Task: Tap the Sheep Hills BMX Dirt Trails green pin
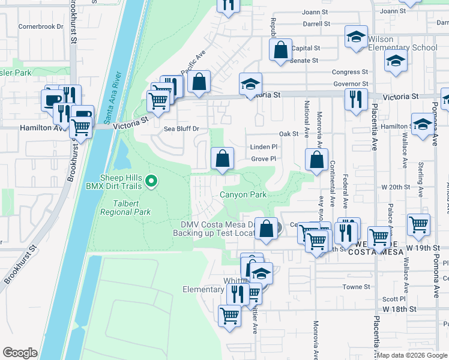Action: pos(152,180)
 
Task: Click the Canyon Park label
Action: pos(243,194)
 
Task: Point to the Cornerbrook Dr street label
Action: pos(41,26)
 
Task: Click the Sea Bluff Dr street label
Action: pos(181,128)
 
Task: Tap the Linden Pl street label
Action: pos(263,146)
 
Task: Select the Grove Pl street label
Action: pos(263,159)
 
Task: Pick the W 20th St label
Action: pos(423,187)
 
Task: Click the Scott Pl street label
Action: pos(394,299)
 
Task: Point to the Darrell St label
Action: pos(316,24)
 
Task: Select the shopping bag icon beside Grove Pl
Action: pos(222,159)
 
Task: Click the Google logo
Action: pos(20,353)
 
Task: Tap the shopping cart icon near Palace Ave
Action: pos(418,224)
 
